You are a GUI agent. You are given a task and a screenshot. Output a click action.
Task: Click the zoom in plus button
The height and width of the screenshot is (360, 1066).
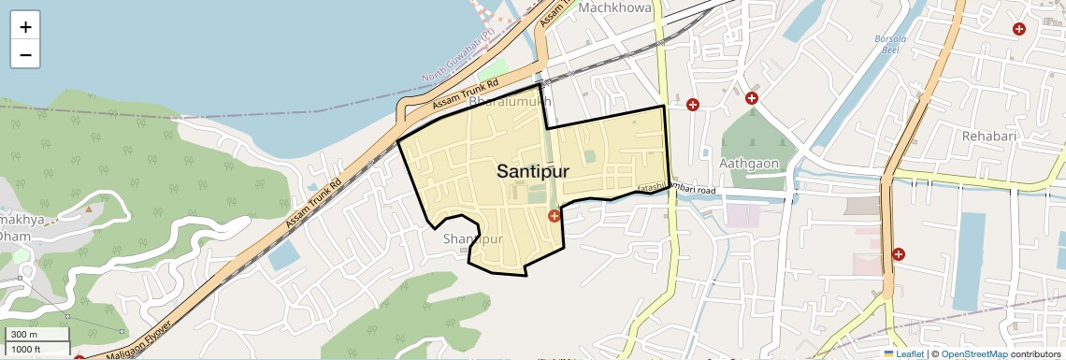tap(25, 26)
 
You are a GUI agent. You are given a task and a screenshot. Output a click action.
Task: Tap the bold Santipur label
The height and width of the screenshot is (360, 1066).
tap(533, 171)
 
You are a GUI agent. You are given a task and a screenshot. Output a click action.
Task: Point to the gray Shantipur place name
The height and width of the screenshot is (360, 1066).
tap(473, 239)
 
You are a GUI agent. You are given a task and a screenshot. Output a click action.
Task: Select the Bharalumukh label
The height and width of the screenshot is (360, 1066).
tap(510, 101)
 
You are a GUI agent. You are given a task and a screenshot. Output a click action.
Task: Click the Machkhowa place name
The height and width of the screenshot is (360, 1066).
tap(614, 7)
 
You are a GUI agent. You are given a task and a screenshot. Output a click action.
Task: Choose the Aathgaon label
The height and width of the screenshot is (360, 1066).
tap(749, 164)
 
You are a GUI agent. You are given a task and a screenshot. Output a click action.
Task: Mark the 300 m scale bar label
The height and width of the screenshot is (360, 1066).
tap(25, 335)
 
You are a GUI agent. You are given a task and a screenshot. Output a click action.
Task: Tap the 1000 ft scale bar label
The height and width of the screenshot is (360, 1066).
tap(27, 349)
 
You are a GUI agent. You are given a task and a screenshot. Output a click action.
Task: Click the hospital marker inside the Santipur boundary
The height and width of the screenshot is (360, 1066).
tap(555, 216)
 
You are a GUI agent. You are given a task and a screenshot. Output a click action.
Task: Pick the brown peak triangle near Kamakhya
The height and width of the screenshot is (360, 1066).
tap(89, 209)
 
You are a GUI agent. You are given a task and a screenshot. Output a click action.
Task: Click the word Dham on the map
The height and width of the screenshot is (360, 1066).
tap(16, 237)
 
